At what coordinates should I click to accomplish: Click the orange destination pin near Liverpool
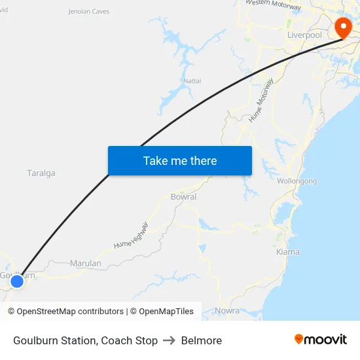click(x=343, y=27)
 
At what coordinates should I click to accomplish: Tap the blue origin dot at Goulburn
click(x=17, y=281)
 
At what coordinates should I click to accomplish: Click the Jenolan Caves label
click(x=89, y=11)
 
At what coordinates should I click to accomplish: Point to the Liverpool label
click(x=304, y=35)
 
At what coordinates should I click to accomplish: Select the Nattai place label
click(x=192, y=81)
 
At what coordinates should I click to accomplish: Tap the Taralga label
click(x=41, y=173)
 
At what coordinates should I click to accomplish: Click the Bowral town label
click(x=183, y=196)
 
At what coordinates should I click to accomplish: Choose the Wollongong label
click(x=297, y=181)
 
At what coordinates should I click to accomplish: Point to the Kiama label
click(x=288, y=252)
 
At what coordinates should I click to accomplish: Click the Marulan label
click(x=86, y=264)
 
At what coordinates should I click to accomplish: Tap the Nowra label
click(x=227, y=310)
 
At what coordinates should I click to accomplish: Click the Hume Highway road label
click(x=131, y=236)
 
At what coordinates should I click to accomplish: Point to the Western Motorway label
click(x=274, y=5)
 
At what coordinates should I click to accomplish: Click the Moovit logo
click(x=320, y=339)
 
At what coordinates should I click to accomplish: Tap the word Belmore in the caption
click(x=202, y=340)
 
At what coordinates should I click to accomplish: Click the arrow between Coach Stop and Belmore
click(x=170, y=340)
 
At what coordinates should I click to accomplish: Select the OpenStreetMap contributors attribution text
click(x=70, y=312)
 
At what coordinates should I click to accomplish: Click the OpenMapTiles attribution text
click(x=166, y=312)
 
